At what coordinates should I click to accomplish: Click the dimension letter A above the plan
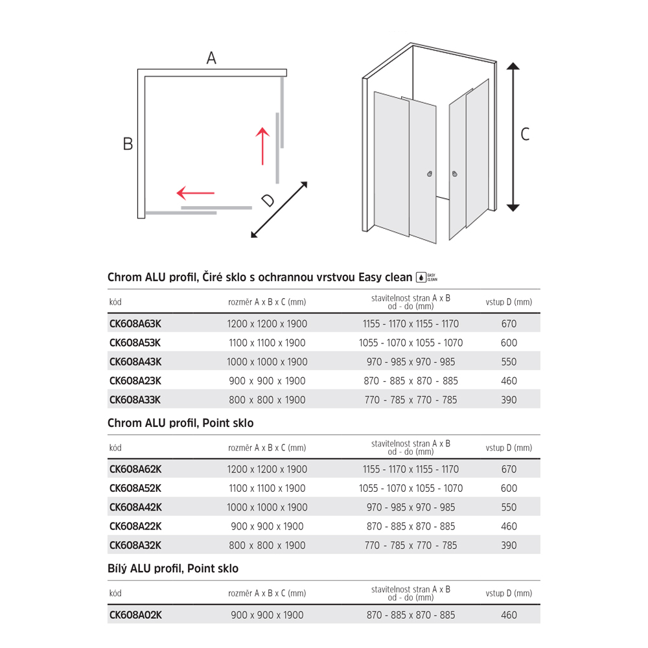(211, 58)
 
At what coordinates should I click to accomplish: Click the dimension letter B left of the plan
(128, 144)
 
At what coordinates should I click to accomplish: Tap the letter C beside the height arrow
(525, 134)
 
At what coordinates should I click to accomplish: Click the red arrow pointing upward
(262, 146)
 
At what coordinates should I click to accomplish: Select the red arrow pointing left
(195, 193)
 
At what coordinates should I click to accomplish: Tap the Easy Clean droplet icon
(421, 277)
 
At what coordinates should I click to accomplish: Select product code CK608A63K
(135, 324)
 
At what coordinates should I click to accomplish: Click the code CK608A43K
(135, 362)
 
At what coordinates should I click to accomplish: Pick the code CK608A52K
(135, 488)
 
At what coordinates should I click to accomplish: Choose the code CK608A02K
(135, 615)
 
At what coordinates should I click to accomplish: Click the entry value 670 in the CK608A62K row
(509, 469)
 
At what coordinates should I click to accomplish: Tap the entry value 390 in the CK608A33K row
(509, 400)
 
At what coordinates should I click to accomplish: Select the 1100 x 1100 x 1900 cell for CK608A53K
(267, 343)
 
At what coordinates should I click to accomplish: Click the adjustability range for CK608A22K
(411, 526)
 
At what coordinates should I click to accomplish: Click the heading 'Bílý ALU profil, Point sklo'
(173, 569)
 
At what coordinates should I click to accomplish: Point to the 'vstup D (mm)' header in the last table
(509, 593)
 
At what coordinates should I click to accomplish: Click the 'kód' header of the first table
(115, 302)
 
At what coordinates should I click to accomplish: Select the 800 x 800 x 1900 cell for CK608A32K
(267, 545)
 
